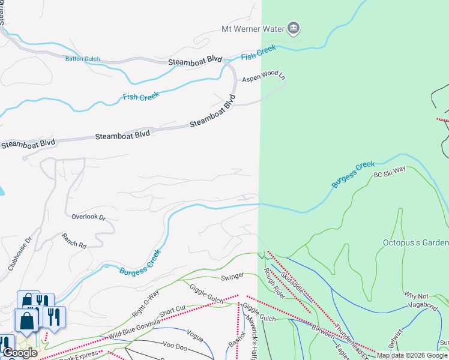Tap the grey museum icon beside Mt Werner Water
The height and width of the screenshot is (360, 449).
(294, 27)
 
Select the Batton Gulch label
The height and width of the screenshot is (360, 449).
(82, 59)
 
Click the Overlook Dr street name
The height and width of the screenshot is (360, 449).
(88, 217)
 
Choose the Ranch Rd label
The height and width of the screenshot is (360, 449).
(74, 241)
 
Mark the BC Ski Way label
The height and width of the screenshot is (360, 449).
(390, 172)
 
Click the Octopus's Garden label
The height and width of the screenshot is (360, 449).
(415, 242)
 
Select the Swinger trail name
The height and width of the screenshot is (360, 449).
(232, 276)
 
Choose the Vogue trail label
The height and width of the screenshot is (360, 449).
(194, 332)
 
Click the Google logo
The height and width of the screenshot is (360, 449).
(20, 353)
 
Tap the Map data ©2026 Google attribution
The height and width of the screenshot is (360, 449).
(412, 355)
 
